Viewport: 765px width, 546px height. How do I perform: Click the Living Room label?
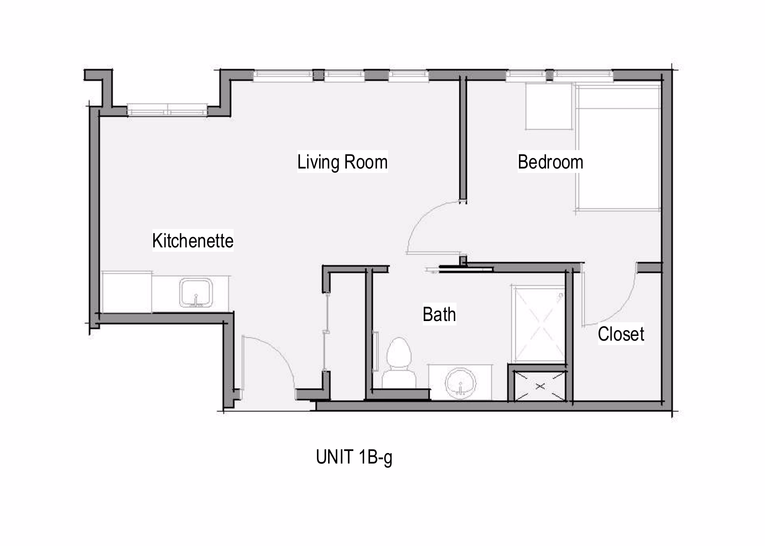[x=342, y=162]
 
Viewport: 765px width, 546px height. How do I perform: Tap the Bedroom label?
[x=550, y=162]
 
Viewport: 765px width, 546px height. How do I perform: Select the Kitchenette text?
[x=193, y=241]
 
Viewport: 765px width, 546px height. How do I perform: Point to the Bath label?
[x=439, y=314]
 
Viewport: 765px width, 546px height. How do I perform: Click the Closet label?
[x=621, y=334]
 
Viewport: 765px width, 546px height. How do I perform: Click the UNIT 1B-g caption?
[x=354, y=457]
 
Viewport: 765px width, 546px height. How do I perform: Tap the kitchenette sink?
[x=196, y=293]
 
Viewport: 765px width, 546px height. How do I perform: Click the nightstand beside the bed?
[x=549, y=106]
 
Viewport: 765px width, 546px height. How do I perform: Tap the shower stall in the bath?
[x=539, y=324]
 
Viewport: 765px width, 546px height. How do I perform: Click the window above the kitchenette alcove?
[x=167, y=110]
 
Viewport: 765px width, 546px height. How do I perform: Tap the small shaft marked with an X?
[x=540, y=386]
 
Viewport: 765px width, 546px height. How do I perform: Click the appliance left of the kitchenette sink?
[x=127, y=292]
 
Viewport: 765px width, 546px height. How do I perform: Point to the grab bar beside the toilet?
[x=376, y=352]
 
